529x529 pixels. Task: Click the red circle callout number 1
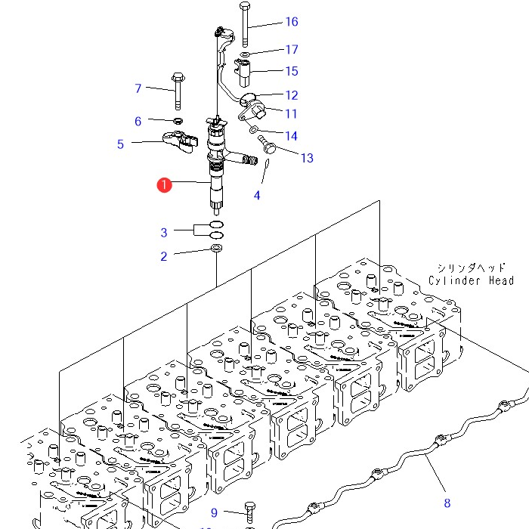(164, 185)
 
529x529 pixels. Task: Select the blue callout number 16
(292, 22)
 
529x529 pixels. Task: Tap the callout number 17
(292, 50)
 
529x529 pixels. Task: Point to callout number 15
(292, 71)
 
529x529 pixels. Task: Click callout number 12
(292, 95)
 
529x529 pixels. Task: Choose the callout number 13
(306, 158)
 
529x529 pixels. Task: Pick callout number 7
(138, 88)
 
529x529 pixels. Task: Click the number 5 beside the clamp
(120, 144)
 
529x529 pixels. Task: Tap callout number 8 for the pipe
(447, 502)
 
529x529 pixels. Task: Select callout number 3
(163, 232)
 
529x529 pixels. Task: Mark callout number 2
(163, 257)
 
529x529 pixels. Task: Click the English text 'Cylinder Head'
(471, 281)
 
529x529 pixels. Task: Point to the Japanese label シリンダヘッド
(471, 268)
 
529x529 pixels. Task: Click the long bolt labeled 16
(244, 23)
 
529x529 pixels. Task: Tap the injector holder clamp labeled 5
(181, 141)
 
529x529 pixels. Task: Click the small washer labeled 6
(178, 121)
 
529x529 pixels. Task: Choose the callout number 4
(257, 196)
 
